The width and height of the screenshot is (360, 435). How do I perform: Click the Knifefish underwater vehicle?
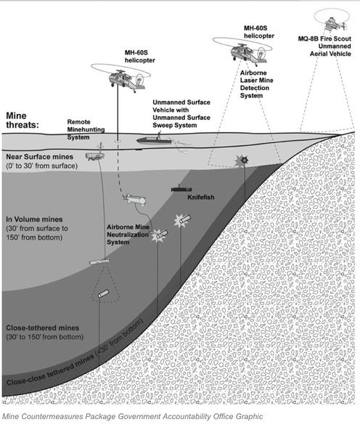pyautogui.click(x=181, y=190)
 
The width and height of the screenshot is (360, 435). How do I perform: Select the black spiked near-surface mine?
pyautogui.click(x=244, y=160)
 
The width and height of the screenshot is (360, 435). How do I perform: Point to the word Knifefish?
pyautogui.click(x=201, y=198)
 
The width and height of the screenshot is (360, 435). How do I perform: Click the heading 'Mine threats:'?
pyautogui.click(x=22, y=120)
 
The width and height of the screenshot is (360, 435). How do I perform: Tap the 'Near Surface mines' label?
pyautogui.click(x=40, y=157)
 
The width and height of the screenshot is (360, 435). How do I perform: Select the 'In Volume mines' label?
pyautogui.click(x=34, y=219)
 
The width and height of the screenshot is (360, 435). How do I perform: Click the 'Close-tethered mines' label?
pyautogui.click(x=43, y=328)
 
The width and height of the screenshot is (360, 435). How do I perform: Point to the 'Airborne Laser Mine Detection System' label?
pyautogui.click(x=256, y=84)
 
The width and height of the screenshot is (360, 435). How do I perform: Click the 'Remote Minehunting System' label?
pyautogui.click(x=86, y=129)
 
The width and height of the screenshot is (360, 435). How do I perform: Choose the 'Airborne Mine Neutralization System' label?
pyautogui.click(x=128, y=235)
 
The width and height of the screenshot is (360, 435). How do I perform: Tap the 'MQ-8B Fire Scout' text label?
pyautogui.click(x=324, y=38)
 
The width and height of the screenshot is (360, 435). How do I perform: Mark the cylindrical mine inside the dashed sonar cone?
pyautogui.click(x=103, y=293)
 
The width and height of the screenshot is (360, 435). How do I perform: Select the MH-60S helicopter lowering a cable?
pyautogui.click(x=121, y=78)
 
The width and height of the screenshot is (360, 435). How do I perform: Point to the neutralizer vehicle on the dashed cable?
pyautogui.click(x=135, y=199)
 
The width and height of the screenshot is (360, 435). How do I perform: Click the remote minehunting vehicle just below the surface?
pyautogui.click(x=94, y=155)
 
